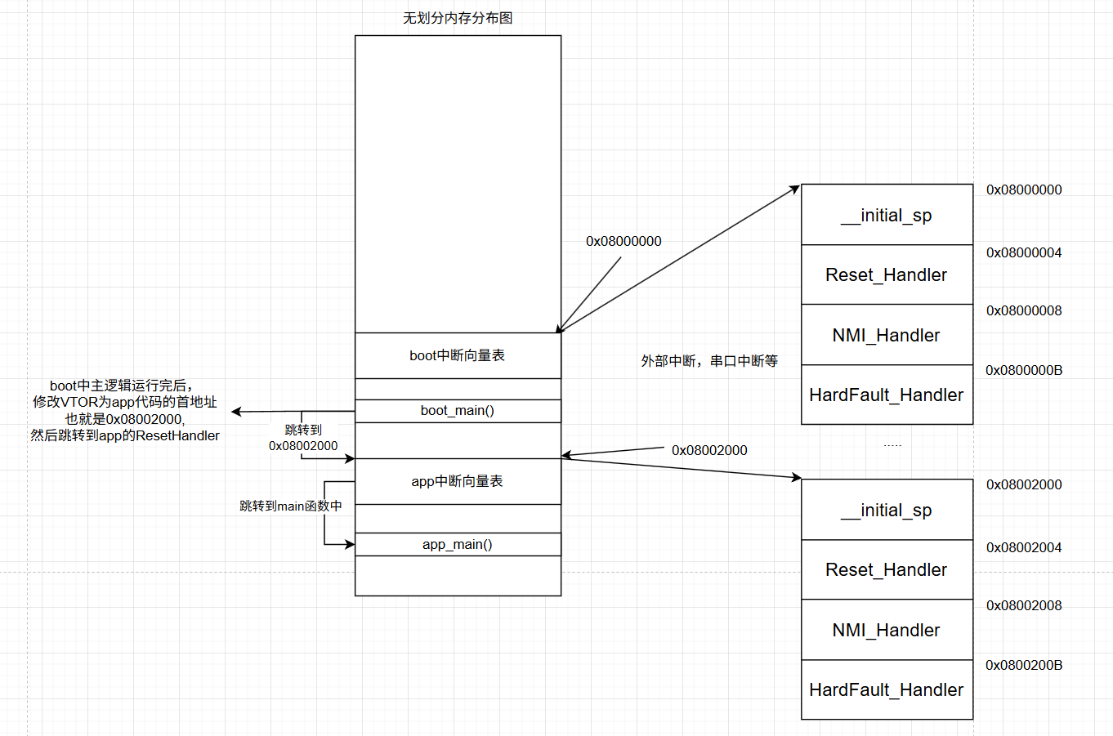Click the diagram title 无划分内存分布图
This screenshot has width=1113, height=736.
457,18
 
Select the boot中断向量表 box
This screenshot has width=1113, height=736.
458,355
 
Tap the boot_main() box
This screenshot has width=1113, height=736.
458,411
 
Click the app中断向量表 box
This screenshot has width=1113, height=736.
458,481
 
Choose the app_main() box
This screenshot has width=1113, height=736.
458,544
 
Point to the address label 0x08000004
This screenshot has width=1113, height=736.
1024,252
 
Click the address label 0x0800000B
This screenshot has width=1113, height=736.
1024,371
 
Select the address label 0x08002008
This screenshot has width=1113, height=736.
1024,605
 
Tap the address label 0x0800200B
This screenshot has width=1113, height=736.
1024,665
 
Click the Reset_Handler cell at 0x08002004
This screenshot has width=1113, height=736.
887,569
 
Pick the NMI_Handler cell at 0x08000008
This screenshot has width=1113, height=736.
887,335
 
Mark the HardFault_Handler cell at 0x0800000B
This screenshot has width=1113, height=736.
887,395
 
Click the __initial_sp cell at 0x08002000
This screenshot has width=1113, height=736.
887,510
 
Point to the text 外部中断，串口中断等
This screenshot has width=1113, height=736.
709,361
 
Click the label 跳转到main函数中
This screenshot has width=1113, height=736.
291,506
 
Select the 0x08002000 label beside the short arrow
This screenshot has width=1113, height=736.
709,450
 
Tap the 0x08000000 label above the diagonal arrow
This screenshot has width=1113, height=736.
624,241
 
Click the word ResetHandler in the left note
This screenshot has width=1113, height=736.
177,436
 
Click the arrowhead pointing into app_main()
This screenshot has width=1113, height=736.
350,544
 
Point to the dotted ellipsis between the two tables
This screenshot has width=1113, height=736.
892,445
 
